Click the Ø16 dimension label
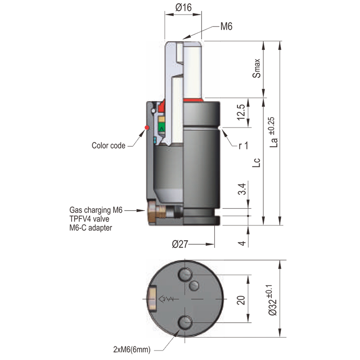184,7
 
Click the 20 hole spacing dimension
241,299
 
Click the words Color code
108,145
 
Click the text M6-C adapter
90,228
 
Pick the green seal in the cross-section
161,129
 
